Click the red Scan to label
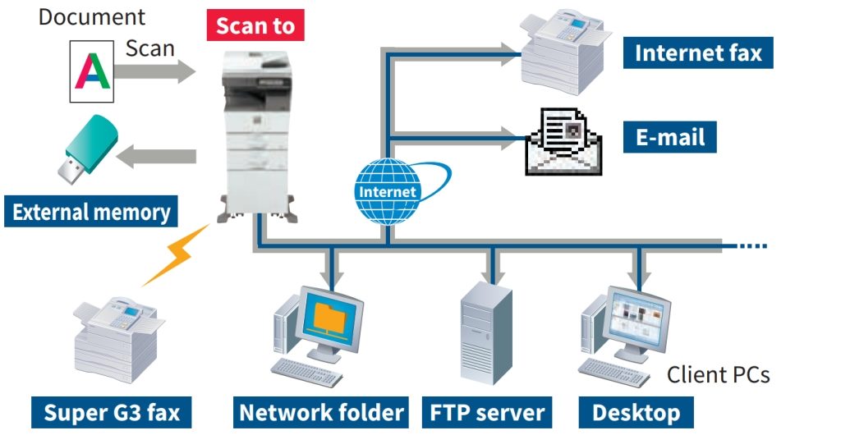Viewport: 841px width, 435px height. [x=255, y=25]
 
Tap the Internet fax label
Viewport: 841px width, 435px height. [x=699, y=54]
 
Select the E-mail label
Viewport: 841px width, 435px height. [x=670, y=136]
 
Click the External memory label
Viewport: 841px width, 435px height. [x=91, y=213]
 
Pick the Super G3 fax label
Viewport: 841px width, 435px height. [x=112, y=411]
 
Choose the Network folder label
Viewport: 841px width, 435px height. [x=322, y=411]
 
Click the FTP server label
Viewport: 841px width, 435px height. [x=487, y=411]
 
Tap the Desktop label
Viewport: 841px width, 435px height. [x=636, y=411]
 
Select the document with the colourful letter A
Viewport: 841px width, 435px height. [x=91, y=72]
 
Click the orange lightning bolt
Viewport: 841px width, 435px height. [x=175, y=254]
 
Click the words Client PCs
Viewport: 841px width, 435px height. [x=718, y=375]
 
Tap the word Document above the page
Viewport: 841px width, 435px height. [x=91, y=16]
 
